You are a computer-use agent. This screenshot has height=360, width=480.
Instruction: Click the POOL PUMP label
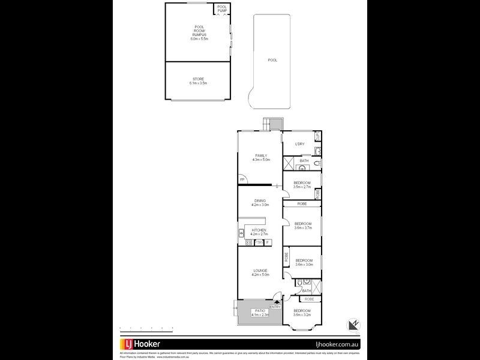click(222, 8)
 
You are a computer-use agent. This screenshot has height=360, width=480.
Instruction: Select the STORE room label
click(198, 81)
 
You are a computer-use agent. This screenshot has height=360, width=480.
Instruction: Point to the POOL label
click(272, 60)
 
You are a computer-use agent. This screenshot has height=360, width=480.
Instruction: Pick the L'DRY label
click(301, 144)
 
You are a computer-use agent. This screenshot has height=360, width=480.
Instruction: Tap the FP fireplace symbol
click(242, 179)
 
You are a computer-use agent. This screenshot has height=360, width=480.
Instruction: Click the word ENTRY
click(275, 307)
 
